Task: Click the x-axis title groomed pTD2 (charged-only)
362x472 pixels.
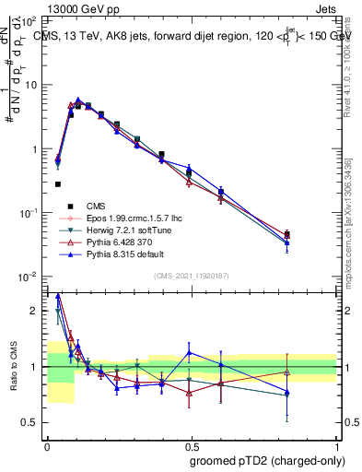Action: coord(261,461)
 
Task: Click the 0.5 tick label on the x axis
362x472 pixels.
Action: coord(192,444)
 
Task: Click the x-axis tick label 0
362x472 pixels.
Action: coord(47,444)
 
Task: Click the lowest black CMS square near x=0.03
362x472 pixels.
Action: coord(57,184)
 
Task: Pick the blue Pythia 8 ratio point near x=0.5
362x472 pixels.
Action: coord(189,352)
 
